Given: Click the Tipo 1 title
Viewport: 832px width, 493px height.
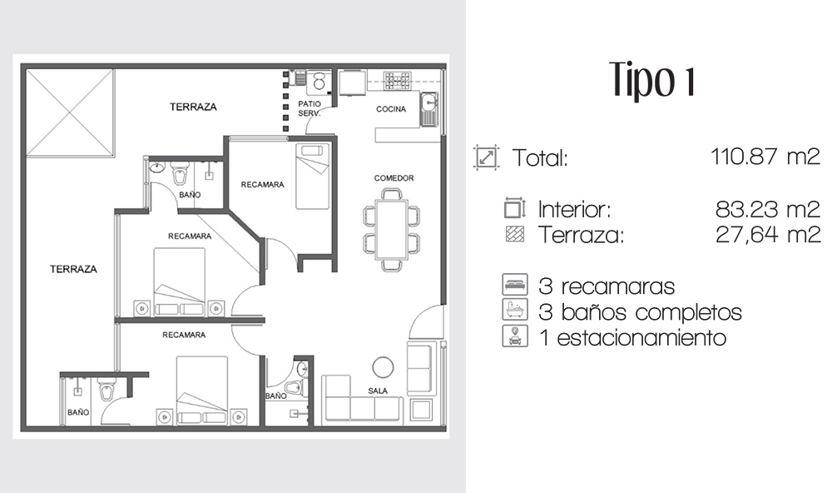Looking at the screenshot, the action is tap(652, 81).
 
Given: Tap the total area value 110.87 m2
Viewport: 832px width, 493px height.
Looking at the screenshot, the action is tap(765, 157).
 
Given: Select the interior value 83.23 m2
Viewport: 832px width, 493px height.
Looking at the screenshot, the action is tap(767, 209).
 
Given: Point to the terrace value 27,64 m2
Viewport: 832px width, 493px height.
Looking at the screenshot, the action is tap(768, 234).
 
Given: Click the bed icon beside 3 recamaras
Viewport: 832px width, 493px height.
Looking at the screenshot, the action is tap(515, 285).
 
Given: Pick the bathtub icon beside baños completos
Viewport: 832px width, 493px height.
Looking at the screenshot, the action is tap(515, 310).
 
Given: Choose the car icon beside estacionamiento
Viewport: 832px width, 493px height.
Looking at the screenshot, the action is tap(515, 336).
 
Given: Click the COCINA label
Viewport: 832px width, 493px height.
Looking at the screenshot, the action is tap(391, 109).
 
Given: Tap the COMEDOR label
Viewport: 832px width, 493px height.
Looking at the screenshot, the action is tap(394, 178).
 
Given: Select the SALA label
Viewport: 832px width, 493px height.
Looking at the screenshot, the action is tap(378, 391).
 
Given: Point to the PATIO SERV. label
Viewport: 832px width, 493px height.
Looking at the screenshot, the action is tap(310, 108).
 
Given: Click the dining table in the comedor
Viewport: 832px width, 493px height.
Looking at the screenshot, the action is tap(391, 230).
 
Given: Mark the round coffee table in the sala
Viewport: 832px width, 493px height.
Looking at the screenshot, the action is tap(383, 366).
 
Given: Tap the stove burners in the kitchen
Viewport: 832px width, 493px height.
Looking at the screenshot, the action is tap(398, 81).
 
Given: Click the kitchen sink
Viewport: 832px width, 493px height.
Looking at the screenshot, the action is tap(428, 109).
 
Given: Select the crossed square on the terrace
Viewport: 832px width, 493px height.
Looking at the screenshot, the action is tap(70, 112).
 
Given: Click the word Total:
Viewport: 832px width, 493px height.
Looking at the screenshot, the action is tap(540, 158).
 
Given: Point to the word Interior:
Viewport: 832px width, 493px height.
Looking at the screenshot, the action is tap(575, 209).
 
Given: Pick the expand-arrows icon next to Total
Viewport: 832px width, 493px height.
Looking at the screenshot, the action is tap(486, 157).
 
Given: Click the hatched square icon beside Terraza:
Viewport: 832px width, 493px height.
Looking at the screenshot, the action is tap(515, 234).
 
